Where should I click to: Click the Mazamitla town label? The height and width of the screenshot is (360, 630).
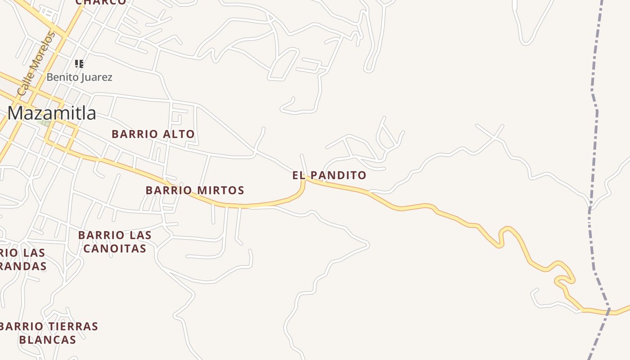click(51, 113)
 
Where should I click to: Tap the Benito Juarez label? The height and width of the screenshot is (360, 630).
click(79, 77)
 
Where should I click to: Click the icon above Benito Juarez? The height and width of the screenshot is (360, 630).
click(79, 64)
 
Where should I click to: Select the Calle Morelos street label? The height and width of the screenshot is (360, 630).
click(36, 64)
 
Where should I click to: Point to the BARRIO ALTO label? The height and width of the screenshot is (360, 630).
click(153, 134)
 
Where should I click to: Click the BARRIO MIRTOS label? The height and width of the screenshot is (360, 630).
click(195, 190)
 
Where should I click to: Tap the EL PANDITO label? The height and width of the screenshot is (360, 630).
click(329, 175)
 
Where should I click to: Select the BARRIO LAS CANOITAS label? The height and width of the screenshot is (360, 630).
click(115, 242)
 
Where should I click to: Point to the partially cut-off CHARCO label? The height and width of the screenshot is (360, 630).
click(101, 2)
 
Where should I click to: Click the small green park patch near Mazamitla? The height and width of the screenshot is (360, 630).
click(44, 122)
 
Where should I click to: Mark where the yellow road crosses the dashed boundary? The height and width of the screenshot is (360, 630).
click(608, 310)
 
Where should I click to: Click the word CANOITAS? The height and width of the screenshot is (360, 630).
click(115, 248)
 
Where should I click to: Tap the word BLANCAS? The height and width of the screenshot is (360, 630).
click(48, 340)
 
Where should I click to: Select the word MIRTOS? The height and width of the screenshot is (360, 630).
click(220, 190)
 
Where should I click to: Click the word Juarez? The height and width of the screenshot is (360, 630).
click(97, 77)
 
